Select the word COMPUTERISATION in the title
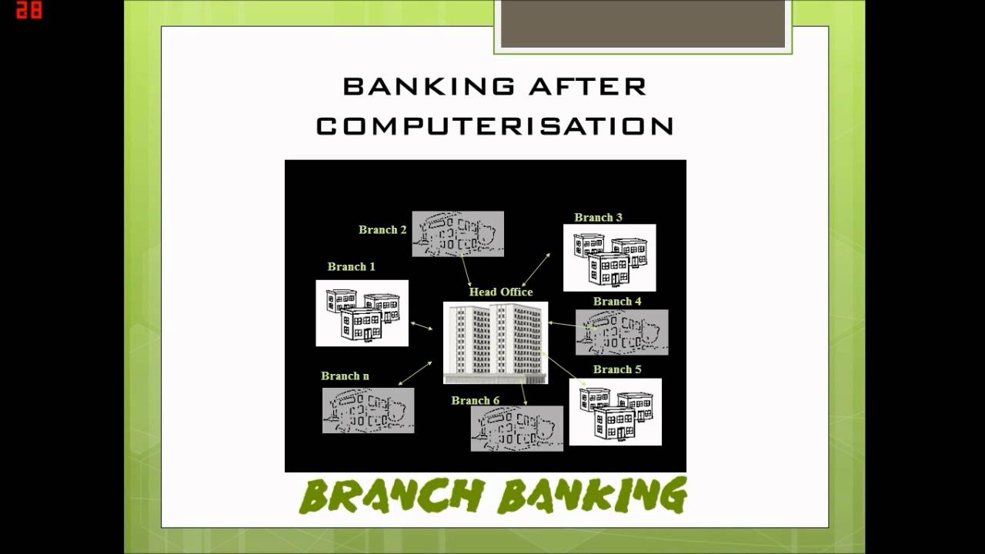(x=495, y=126)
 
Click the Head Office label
(x=501, y=292)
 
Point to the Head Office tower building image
(x=496, y=342)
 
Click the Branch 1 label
(x=352, y=266)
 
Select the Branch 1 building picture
(x=362, y=313)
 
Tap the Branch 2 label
(x=382, y=229)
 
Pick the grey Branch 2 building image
(x=458, y=234)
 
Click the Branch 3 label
(x=598, y=217)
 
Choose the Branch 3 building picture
(x=609, y=258)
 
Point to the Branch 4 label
(x=617, y=301)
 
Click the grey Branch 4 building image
(x=622, y=332)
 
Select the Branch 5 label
(x=617, y=369)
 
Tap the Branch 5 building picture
(x=615, y=412)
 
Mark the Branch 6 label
(x=476, y=400)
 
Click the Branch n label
(x=345, y=375)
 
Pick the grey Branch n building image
(x=368, y=410)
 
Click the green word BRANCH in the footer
(x=392, y=496)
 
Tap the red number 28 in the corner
(x=28, y=11)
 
